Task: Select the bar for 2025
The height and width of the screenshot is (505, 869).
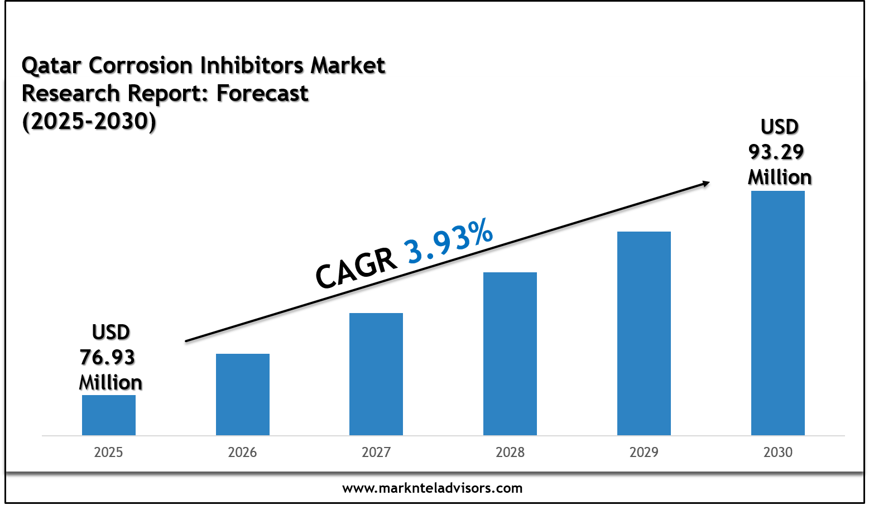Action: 109,415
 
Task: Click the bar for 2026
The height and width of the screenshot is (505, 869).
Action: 242,395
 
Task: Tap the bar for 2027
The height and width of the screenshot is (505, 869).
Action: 376,374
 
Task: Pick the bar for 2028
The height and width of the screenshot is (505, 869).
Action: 510,354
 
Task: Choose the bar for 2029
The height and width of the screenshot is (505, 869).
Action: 644,334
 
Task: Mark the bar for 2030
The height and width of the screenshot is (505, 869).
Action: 777,313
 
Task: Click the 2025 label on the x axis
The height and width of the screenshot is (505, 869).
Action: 109,452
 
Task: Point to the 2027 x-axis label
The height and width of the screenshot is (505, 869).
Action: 376,452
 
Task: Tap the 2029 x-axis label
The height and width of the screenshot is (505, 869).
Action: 644,452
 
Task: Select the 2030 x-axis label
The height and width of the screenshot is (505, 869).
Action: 777,452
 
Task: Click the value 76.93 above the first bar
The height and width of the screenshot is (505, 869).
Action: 107,357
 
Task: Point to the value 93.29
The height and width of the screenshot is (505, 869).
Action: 775,152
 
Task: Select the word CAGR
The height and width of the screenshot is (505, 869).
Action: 356,269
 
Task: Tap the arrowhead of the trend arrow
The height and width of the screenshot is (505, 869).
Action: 705,184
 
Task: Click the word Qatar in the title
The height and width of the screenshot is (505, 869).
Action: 51,65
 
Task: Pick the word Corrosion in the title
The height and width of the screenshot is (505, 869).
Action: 141,65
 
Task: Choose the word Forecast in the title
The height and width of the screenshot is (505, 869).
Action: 262,94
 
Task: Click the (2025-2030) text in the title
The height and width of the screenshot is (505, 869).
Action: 89,122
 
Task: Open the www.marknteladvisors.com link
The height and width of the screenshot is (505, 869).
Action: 432,488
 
